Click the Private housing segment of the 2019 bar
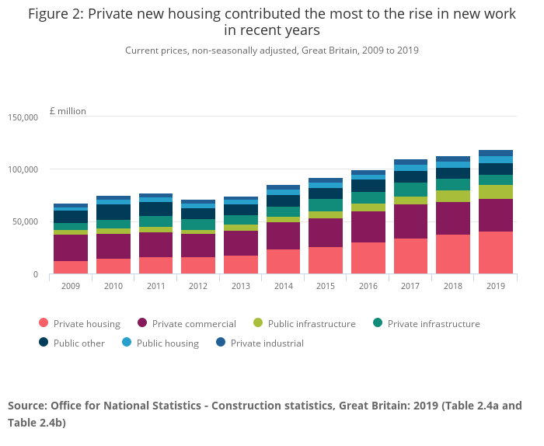(495, 253)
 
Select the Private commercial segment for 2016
(368, 227)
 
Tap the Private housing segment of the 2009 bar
(70, 267)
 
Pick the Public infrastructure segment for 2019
(495, 192)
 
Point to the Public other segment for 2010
(113, 212)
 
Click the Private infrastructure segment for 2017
(410, 190)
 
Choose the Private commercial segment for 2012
(197, 246)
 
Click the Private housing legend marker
(43, 324)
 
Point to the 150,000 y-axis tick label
(23, 117)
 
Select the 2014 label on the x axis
(283, 285)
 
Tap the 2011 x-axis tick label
(155, 285)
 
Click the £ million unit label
(68, 111)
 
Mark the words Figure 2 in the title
(55, 15)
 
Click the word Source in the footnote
(28, 406)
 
